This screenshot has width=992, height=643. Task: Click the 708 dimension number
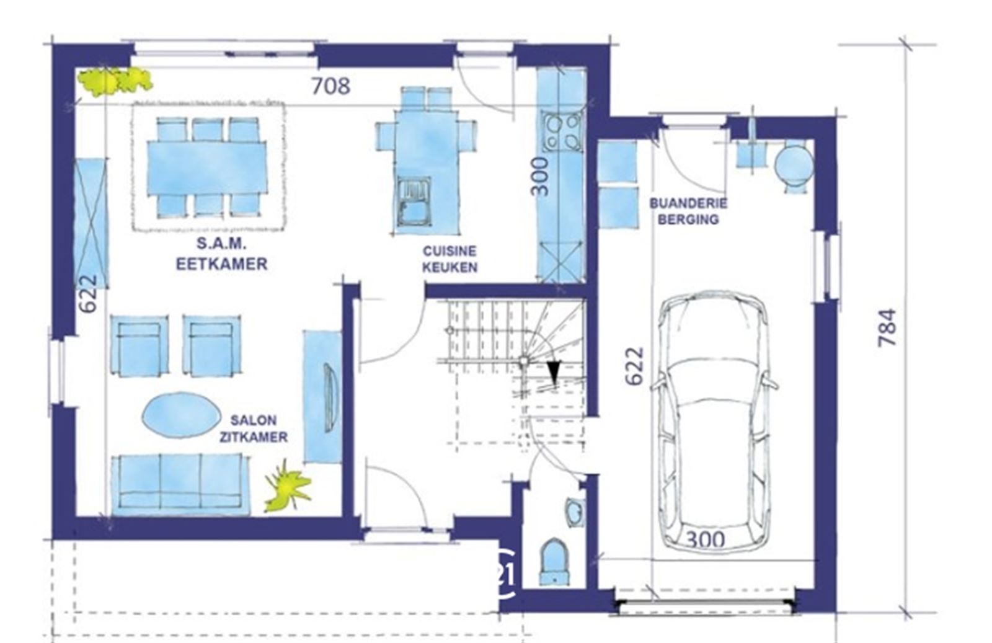pos(331,86)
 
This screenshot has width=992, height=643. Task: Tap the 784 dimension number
pos(887,327)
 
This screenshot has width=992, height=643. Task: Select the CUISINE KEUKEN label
pos(449,259)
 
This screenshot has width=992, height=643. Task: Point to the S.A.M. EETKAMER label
pos(221,254)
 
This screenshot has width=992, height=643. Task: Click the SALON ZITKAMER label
pos(254,428)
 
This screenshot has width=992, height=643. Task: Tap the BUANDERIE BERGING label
pos(688,211)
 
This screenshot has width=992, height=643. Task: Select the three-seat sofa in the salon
pos(179,484)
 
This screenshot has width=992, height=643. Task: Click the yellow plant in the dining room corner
pos(114,81)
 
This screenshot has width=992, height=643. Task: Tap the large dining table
pos(207,167)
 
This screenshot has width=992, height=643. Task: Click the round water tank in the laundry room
pos(794,164)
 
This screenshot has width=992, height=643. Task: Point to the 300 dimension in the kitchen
pos(540,176)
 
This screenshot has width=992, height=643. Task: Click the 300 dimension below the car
pos(706,540)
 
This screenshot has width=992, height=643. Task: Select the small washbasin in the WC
pos(574,512)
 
